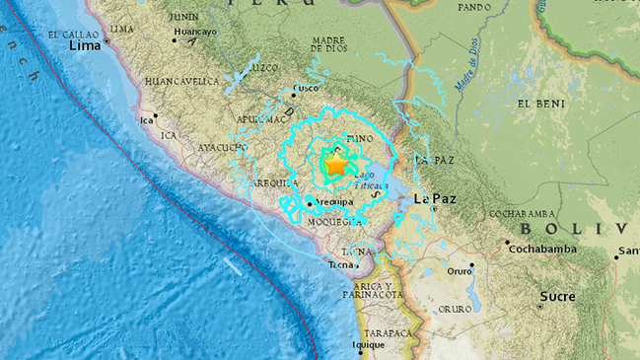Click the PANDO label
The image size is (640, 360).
(x=473, y=7)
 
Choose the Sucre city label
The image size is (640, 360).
(x=557, y=295)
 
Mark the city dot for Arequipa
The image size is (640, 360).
(x=309, y=203)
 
